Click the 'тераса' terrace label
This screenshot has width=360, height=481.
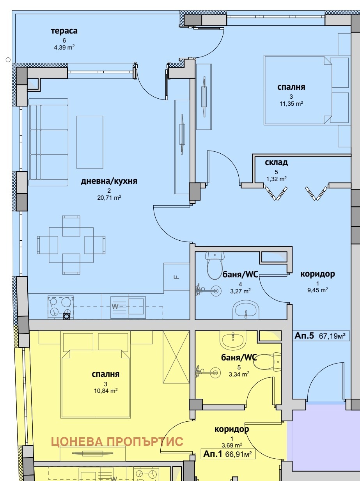[x=64, y=31]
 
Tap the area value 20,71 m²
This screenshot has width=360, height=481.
[x=109, y=198]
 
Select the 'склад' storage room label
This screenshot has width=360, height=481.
[x=276, y=162]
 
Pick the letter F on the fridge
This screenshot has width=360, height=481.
[x=176, y=277]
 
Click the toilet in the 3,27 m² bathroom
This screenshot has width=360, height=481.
[x=215, y=266]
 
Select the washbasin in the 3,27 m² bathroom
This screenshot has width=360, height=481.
[x=246, y=310]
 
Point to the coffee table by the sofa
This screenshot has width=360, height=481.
[x=90, y=142]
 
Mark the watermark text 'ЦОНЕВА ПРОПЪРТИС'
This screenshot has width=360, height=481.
[x=117, y=441]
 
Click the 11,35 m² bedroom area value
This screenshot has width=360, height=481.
[x=291, y=103]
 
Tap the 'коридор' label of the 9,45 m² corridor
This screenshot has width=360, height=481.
[x=317, y=274]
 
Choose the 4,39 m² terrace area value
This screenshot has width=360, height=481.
[x=64, y=47]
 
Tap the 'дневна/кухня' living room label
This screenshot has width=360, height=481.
[x=109, y=181]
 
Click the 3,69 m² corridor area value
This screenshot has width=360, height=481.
[x=232, y=445]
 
